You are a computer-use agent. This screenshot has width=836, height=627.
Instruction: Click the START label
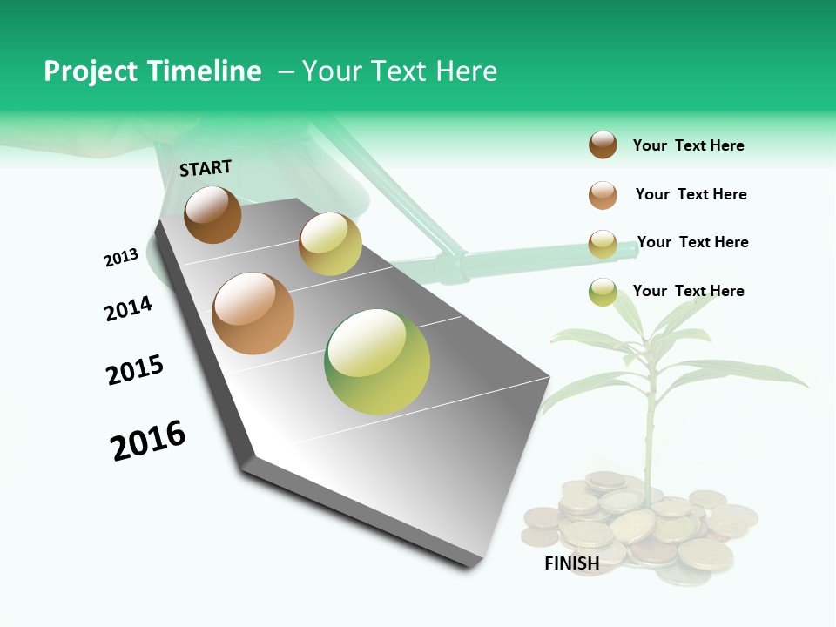[206, 167]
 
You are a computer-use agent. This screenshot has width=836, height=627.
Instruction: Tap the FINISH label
[571, 563]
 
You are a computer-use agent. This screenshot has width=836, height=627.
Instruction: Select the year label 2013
[121, 258]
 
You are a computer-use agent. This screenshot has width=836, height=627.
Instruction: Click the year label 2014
[128, 308]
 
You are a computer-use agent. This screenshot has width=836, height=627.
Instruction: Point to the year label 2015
[135, 370]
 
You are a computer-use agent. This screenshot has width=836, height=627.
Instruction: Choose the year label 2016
[148, 441]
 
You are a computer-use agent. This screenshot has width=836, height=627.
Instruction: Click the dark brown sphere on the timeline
[212, 214]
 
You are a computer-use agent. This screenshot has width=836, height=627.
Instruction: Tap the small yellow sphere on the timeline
[330, 244]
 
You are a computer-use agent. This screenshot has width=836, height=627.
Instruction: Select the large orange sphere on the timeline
[253, 313]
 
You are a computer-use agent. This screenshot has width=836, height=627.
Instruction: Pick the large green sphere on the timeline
[377, 361]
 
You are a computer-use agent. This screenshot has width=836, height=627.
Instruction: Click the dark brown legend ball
[603, 145]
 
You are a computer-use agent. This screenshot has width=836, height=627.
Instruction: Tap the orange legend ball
[603, 195]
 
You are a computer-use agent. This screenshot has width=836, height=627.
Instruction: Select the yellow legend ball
[603, 244]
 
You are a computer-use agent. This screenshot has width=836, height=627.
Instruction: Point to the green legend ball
[603, 292]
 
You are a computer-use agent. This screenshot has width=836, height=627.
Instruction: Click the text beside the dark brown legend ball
[688, 145]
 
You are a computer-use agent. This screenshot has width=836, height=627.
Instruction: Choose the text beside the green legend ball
[688, 291]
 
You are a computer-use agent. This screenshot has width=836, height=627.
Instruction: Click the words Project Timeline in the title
[152, 71]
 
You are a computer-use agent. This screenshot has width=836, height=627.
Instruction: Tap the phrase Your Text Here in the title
[399, 71]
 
